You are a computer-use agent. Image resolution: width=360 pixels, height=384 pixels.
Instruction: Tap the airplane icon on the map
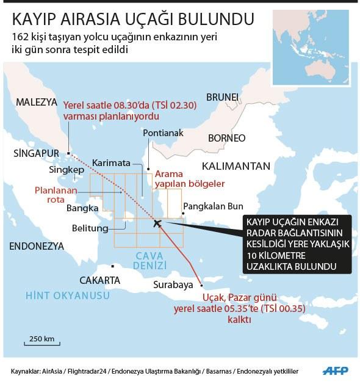(157, 223)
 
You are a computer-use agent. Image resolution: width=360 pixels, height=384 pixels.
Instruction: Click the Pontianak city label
(162, 132)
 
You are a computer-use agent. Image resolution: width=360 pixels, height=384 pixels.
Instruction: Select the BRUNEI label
(222, 97)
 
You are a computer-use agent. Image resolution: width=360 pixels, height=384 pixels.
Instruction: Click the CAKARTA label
(99, 280)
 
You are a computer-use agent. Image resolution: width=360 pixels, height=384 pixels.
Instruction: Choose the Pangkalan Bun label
(213, 206)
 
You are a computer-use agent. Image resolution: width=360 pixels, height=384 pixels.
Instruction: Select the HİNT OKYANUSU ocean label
(67, 296)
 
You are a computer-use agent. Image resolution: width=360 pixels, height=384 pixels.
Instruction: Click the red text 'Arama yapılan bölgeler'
(190, 178)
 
